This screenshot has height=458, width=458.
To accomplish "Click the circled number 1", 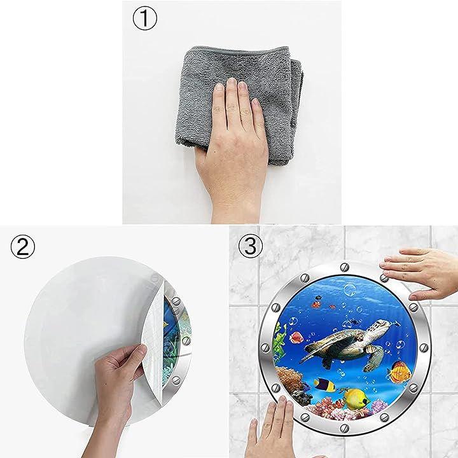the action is tap(145, 18).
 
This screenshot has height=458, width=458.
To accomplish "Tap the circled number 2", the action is tap(23, 247).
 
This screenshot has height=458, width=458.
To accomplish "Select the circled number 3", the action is tap(251, 246).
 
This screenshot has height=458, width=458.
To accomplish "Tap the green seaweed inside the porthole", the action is tap(279, 340).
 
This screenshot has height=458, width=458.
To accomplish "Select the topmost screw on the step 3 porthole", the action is tap(345, 267).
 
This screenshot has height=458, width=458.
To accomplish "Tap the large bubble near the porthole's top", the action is tap(349, 289).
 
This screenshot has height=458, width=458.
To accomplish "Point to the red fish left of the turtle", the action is tap(296, 337).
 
